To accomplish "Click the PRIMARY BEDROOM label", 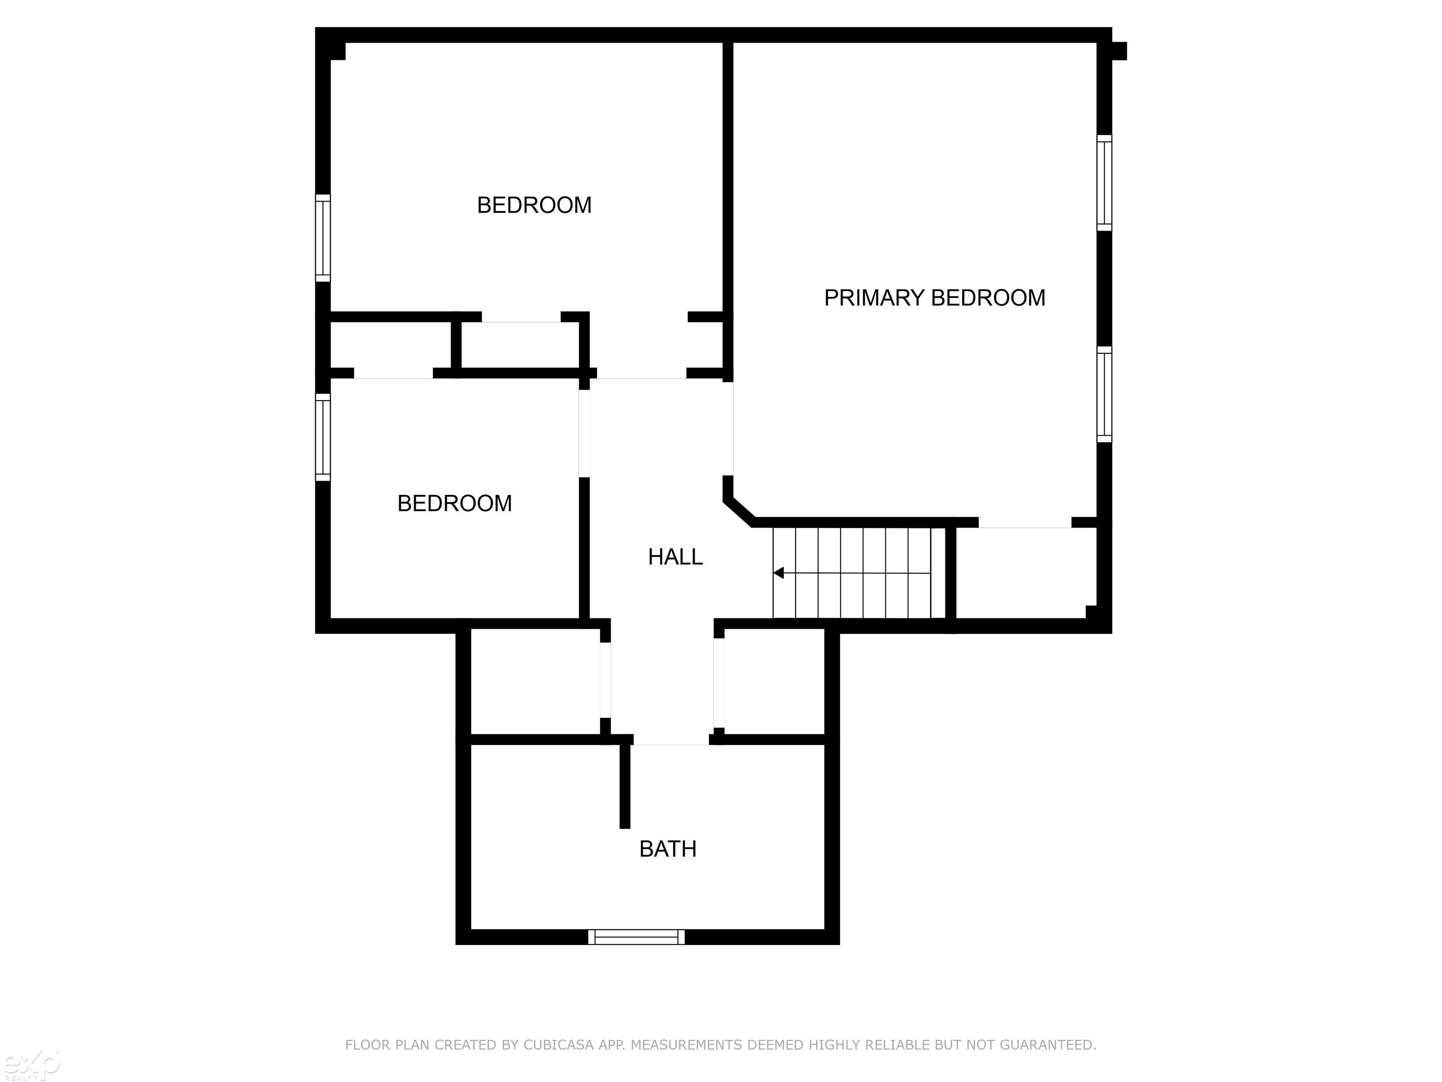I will pos(934,298).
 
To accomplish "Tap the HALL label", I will pos(675,557).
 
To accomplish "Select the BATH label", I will pos(667,849).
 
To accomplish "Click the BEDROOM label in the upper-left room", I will pos(534,205).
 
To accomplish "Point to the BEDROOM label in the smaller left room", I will pos(454,503).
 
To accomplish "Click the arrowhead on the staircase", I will pos(778,572).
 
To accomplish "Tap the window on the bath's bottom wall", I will pos(636,937).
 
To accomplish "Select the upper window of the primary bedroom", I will pos(1104,183).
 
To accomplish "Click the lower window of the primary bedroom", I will pos(1104,394).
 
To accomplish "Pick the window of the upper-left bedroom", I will pos(322,238).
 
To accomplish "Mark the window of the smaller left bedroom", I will pos(322,437).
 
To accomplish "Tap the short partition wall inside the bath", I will pos(624,786).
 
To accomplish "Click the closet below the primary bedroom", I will pos(1025,572).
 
